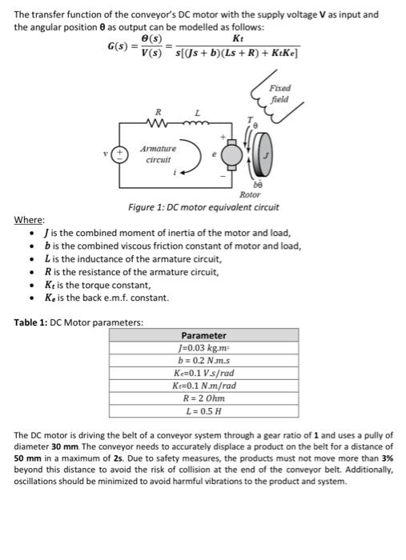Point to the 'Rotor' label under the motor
click(x=251, y=194)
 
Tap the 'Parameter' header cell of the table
click(x=203, y=335)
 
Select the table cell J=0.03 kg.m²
click(x=203, y=349)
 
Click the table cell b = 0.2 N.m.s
click(x=203, y=362)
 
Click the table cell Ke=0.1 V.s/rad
click(x=203, y=374)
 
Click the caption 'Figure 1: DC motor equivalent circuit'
click(x=203, y=208)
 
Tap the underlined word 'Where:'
click(x=30, y=220)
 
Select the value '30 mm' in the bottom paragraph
click(x=66, y=446)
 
